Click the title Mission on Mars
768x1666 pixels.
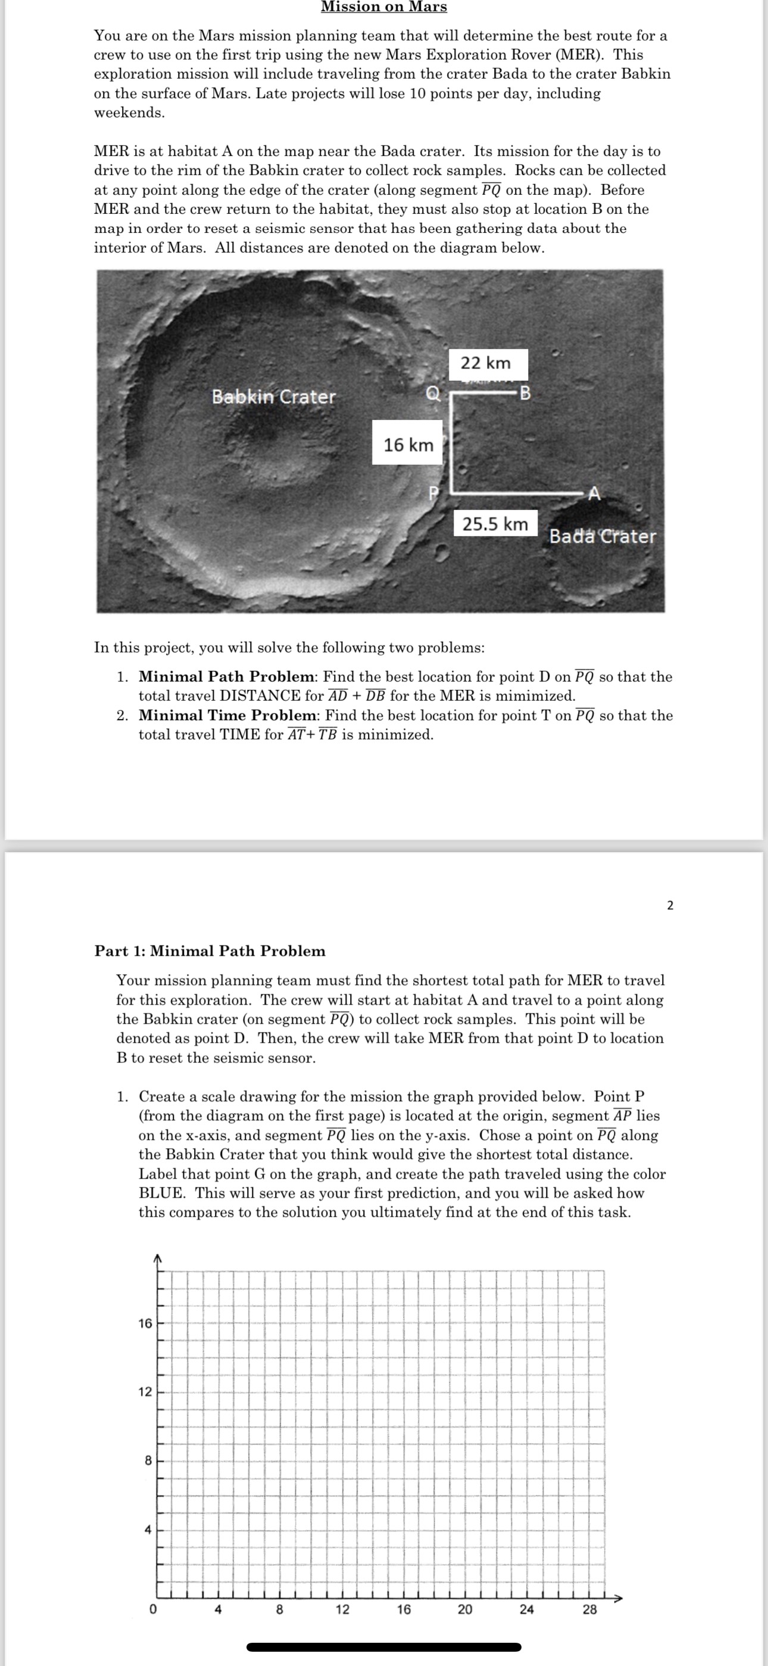tap(383, 7)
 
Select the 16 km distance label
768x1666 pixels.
tap(408, 445)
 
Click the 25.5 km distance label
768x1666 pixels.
tap(495, 524)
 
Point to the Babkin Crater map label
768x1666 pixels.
tap(274, 396)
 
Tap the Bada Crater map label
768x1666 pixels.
tap(602, 536)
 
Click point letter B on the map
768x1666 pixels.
tap(525, 393)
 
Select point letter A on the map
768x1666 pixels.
tap(594, 495)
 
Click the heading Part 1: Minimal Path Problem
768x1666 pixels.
tap(210, 951)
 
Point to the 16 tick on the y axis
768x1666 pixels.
tap(145, 1323)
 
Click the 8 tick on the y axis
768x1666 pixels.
tap(148, 1460)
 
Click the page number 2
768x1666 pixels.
tap(670, 906)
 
